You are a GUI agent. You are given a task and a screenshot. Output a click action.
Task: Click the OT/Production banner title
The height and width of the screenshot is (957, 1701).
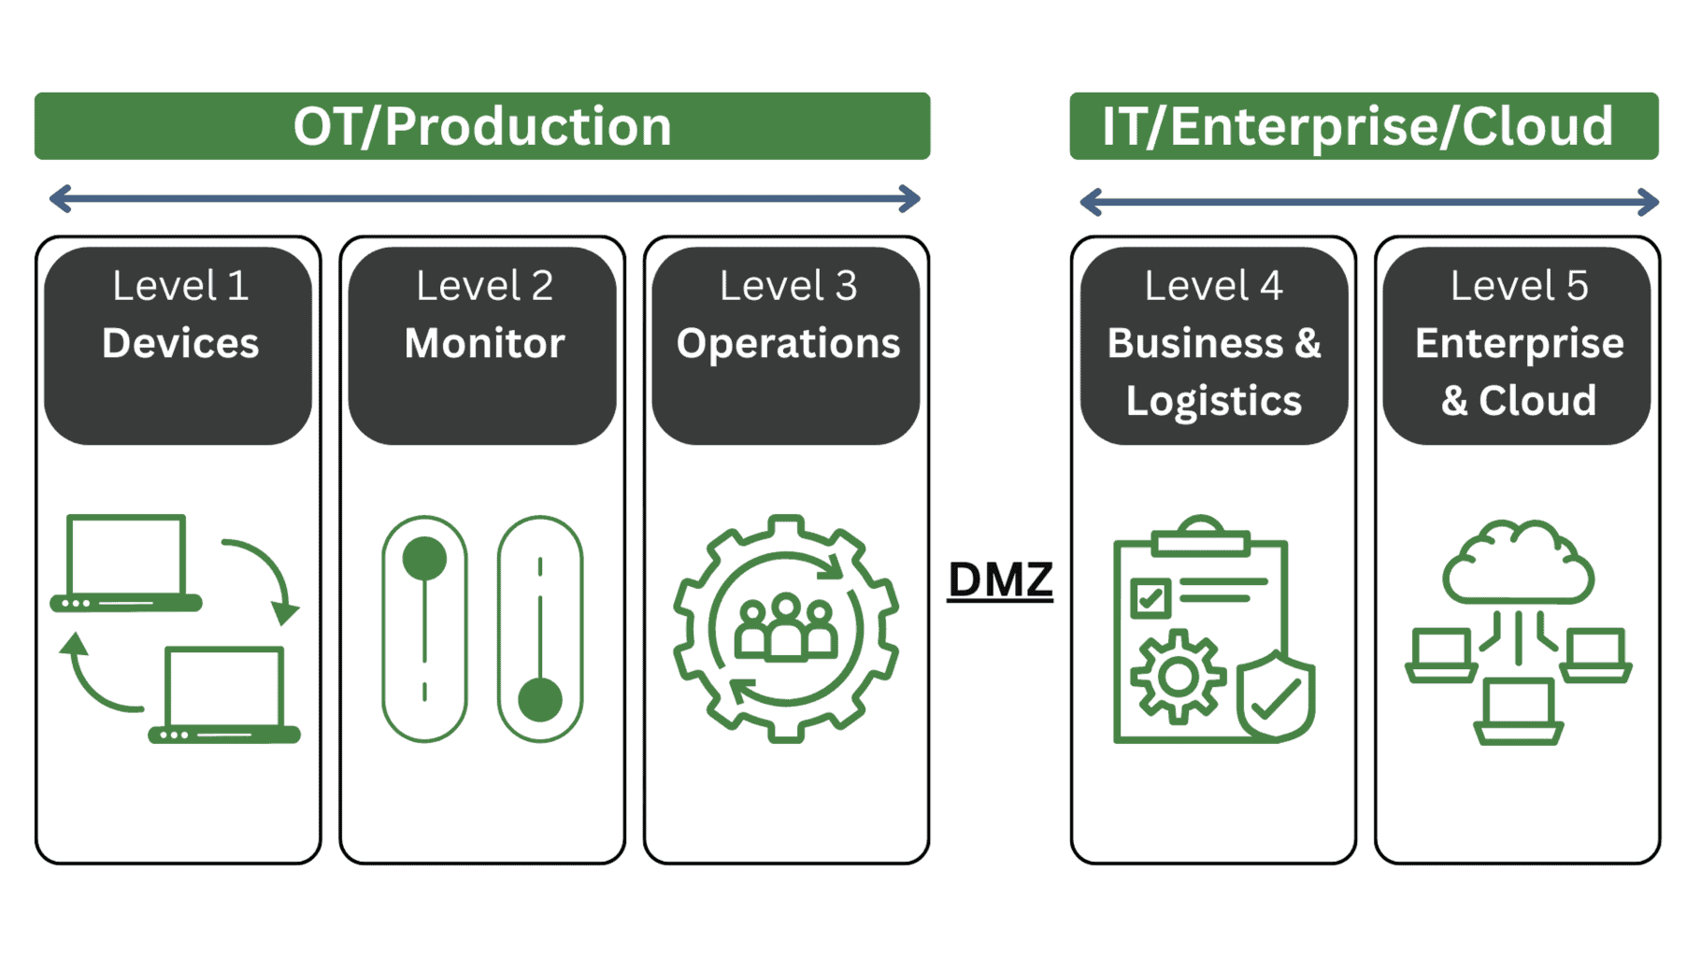pyautogui.click(x=482, y=126)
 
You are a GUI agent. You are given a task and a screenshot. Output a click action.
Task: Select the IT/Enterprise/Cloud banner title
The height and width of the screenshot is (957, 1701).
pyautogui.click(x=1357, y=126)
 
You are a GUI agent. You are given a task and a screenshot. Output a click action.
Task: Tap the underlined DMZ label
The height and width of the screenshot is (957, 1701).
pyautogui.click(x=1000, y=579)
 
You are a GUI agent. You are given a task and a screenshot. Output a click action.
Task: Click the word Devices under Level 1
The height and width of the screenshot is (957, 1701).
pyautogui.click(x=180, y=343)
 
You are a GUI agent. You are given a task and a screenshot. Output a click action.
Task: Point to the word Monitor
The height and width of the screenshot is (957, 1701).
pyautogui.click(x=484, y=343)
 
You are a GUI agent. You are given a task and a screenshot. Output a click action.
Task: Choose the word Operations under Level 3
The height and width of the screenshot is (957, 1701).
pyautogui.click(x=788, y=343)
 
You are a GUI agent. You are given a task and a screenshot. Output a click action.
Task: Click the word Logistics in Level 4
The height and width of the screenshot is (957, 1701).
pyautogui.click(x=1213, y=401)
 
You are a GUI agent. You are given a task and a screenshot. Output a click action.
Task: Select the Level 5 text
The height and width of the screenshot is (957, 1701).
pyautogui.click(x=1519, y=286)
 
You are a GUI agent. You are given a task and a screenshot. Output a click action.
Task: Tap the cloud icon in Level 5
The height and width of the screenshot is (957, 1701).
pyautogui.click(x=1518, y=564)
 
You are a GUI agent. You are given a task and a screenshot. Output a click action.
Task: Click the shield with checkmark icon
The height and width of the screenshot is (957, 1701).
pyautogui.click(x=1276, y=696)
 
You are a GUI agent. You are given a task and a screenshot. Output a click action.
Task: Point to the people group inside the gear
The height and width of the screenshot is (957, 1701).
pyautogui.click(x=786, y=628)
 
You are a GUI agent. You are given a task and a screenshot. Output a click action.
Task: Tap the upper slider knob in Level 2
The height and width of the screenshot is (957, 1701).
pyautogui.click(x=424, y=559)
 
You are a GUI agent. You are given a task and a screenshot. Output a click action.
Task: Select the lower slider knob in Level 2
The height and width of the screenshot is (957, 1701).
pyautogui.click(x=540, y=700)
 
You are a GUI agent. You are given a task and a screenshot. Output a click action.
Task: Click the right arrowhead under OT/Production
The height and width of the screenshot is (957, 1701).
pyautogui.click(x=909, y=198)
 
